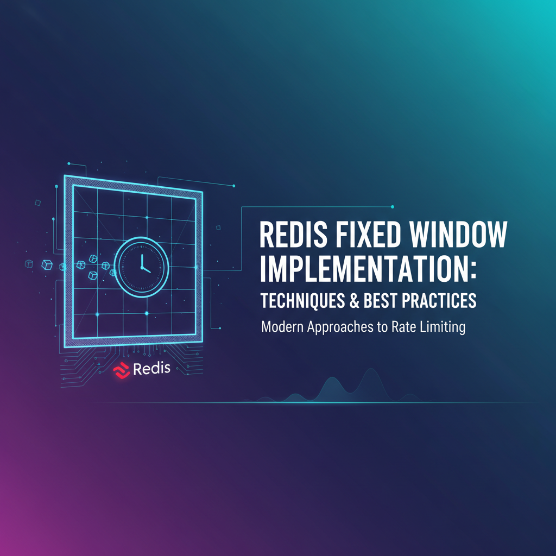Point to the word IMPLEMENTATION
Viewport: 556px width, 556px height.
click(x=363, y=269)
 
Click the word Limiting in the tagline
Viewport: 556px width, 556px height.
click(x=443, y=328)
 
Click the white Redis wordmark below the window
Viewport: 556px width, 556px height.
click(x=151, y=370)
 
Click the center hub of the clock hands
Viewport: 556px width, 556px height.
click(x=142, y=268)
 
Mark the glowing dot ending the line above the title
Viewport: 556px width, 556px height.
click(x=393, y=206)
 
